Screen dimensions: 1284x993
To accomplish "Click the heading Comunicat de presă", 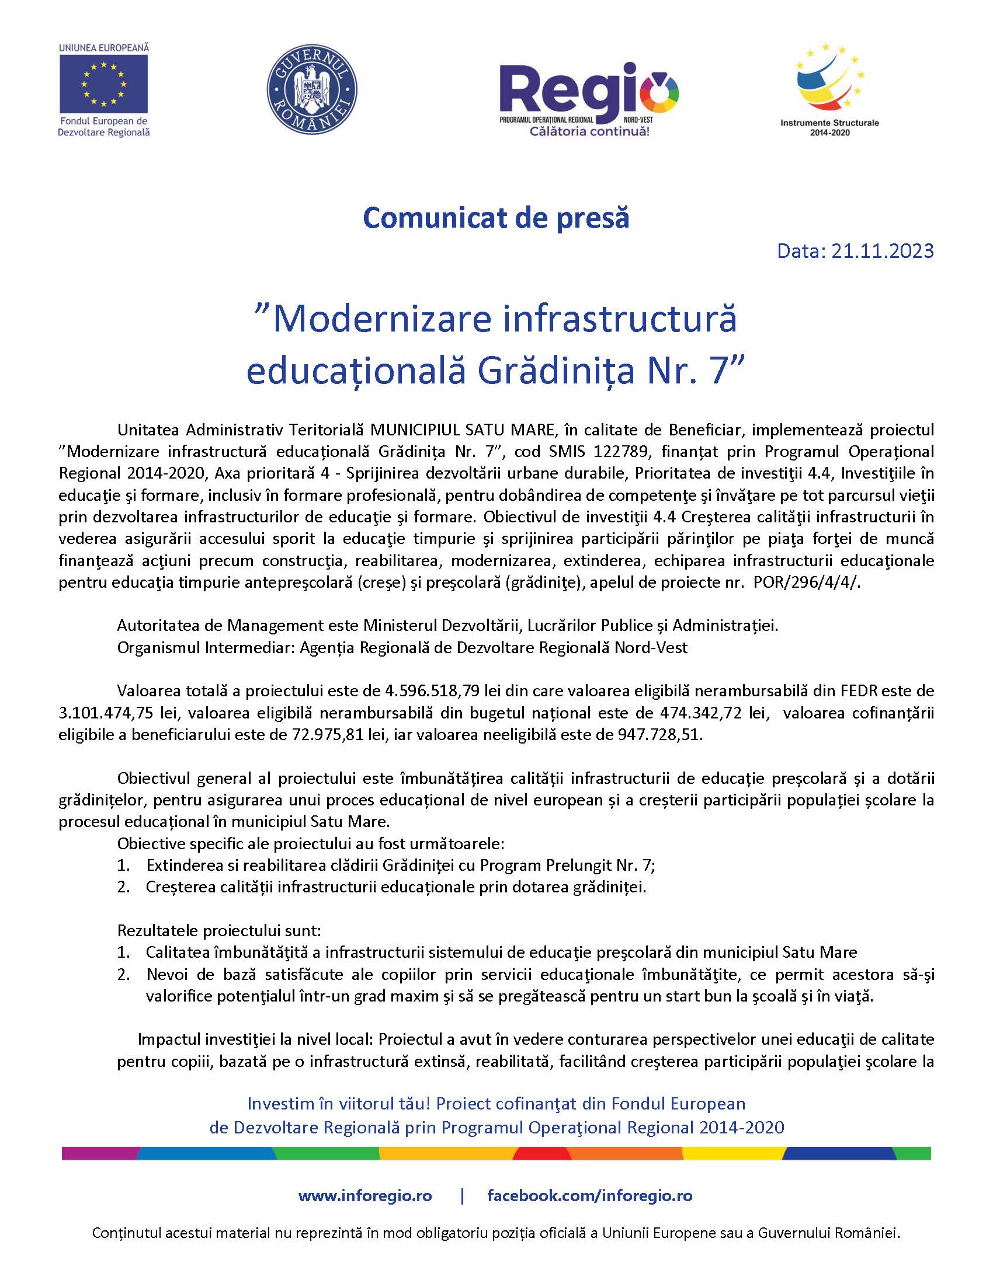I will pos(496,218).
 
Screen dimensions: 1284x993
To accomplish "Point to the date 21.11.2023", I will pos(883,251).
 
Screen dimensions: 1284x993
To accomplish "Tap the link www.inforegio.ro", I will pos(364,1196).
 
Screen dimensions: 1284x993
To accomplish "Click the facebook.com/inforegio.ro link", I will pos(589,1196).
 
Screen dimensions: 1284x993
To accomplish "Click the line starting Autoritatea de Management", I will pos(447,626).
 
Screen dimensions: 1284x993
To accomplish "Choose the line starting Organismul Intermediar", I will pos(402,647).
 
